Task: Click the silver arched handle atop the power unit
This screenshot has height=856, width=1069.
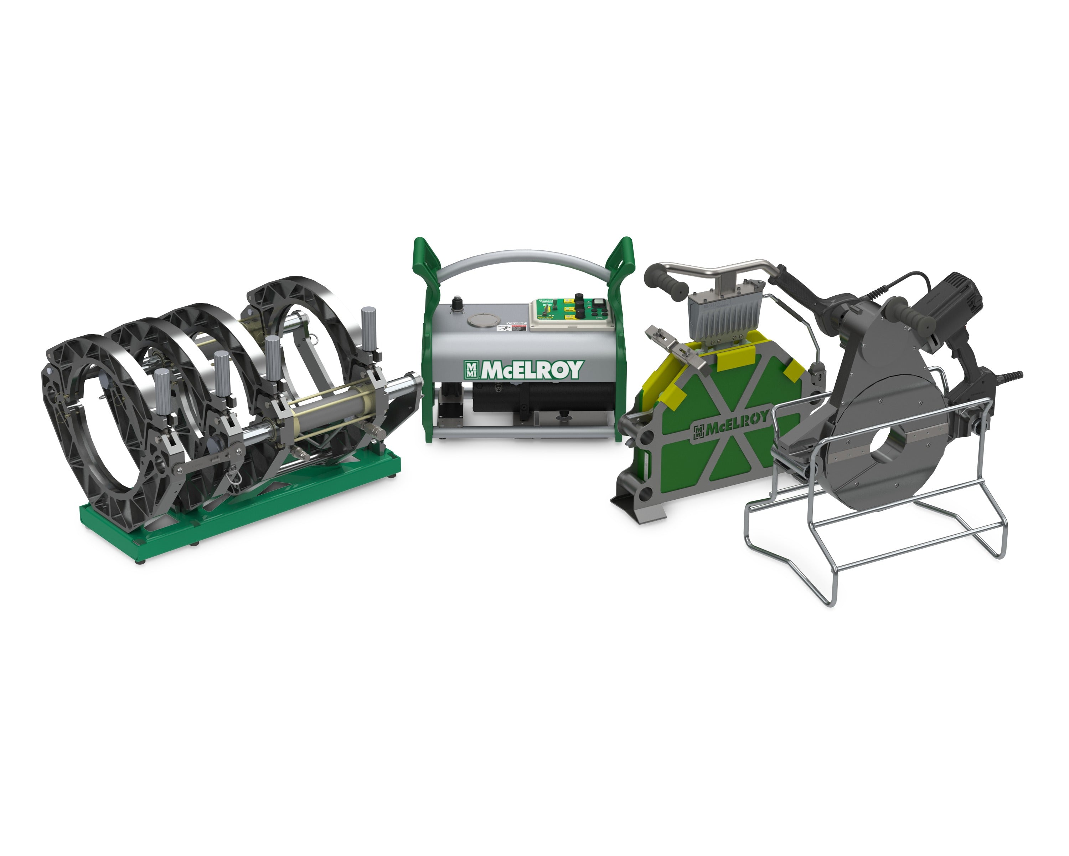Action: [523, 260]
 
